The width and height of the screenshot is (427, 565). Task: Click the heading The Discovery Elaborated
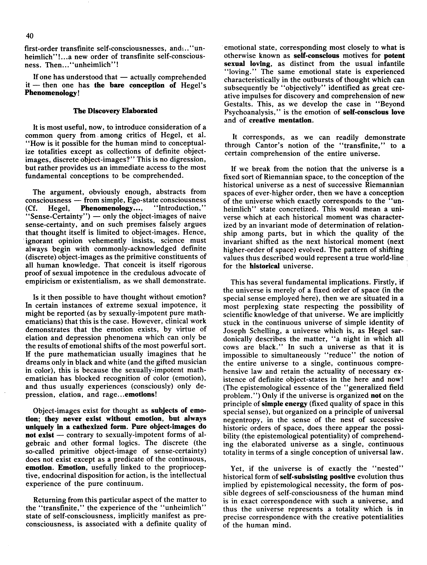115,111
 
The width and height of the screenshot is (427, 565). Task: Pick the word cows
232,347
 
